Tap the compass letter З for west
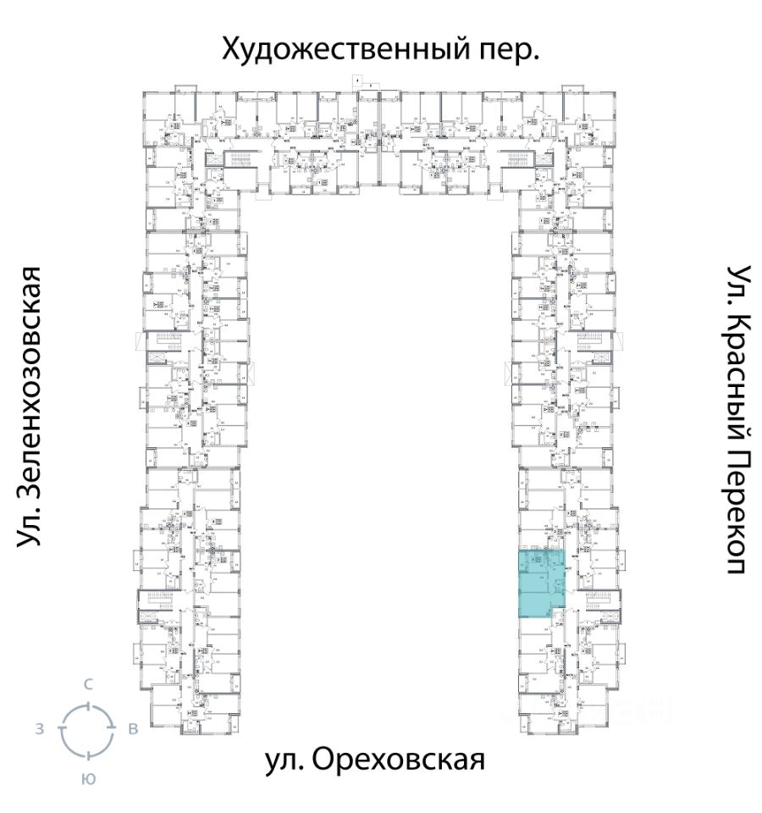pyautogui.click(x=39, y=729)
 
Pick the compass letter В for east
pyautogui.click(x=132, y=729)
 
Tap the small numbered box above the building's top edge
pyautogui.click(x=357, y=81)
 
